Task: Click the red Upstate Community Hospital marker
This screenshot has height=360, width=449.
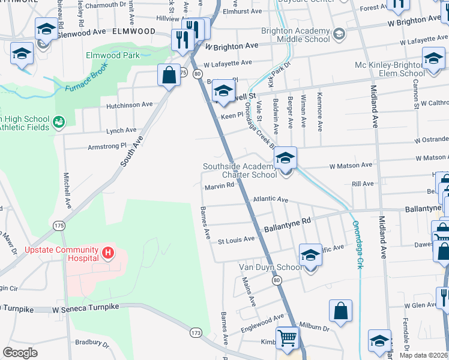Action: click(108, 254)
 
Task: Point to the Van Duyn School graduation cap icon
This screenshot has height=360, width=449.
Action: click(310, 254)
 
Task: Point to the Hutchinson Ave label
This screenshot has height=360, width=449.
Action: click(130, 104)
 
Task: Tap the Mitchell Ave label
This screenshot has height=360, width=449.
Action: click(68, 191)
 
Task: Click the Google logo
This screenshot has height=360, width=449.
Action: click(20, 353)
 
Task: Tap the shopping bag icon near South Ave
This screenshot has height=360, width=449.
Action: click(169, 74)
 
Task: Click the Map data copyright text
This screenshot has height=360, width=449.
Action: click(423, 355)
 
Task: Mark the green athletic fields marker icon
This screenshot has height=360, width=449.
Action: click(59, 122)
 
